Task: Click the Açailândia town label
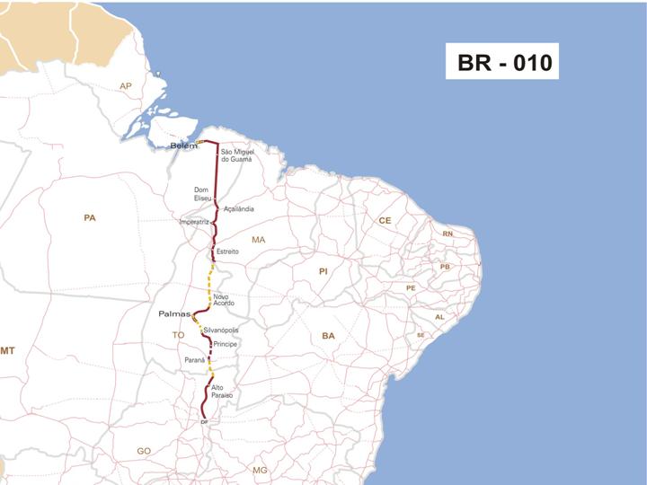point(239,208)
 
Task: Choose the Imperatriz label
point(194,221)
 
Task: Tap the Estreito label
point(228,251)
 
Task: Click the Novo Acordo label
point(224,300)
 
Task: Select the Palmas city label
point(174,314)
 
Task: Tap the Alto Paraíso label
point(222,392)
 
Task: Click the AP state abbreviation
point(126,86)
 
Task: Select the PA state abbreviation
point(89,217)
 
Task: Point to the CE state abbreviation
point(385,220)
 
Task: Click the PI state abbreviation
point(323,270)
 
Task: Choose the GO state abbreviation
point(144,450)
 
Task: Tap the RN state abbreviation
point(448,234)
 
